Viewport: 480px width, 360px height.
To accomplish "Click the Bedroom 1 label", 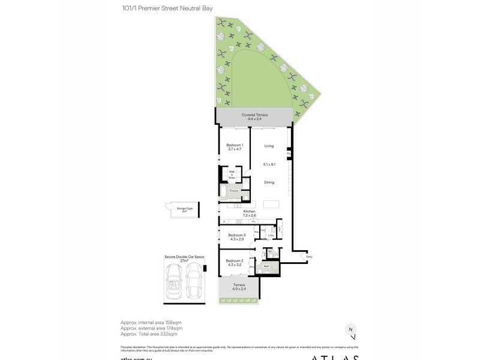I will [234, 146].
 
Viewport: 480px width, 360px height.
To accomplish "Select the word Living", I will [269, 146].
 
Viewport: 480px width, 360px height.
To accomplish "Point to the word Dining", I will [269, 182].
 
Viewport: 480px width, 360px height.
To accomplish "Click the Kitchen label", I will [249, 212].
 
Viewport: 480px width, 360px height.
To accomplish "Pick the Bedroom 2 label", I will [234, 260].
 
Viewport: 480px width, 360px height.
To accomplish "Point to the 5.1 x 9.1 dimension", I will [269, 164].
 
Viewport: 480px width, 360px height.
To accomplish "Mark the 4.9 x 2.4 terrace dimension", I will [240, 289].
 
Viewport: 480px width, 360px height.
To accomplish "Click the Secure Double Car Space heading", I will [184, 257].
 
